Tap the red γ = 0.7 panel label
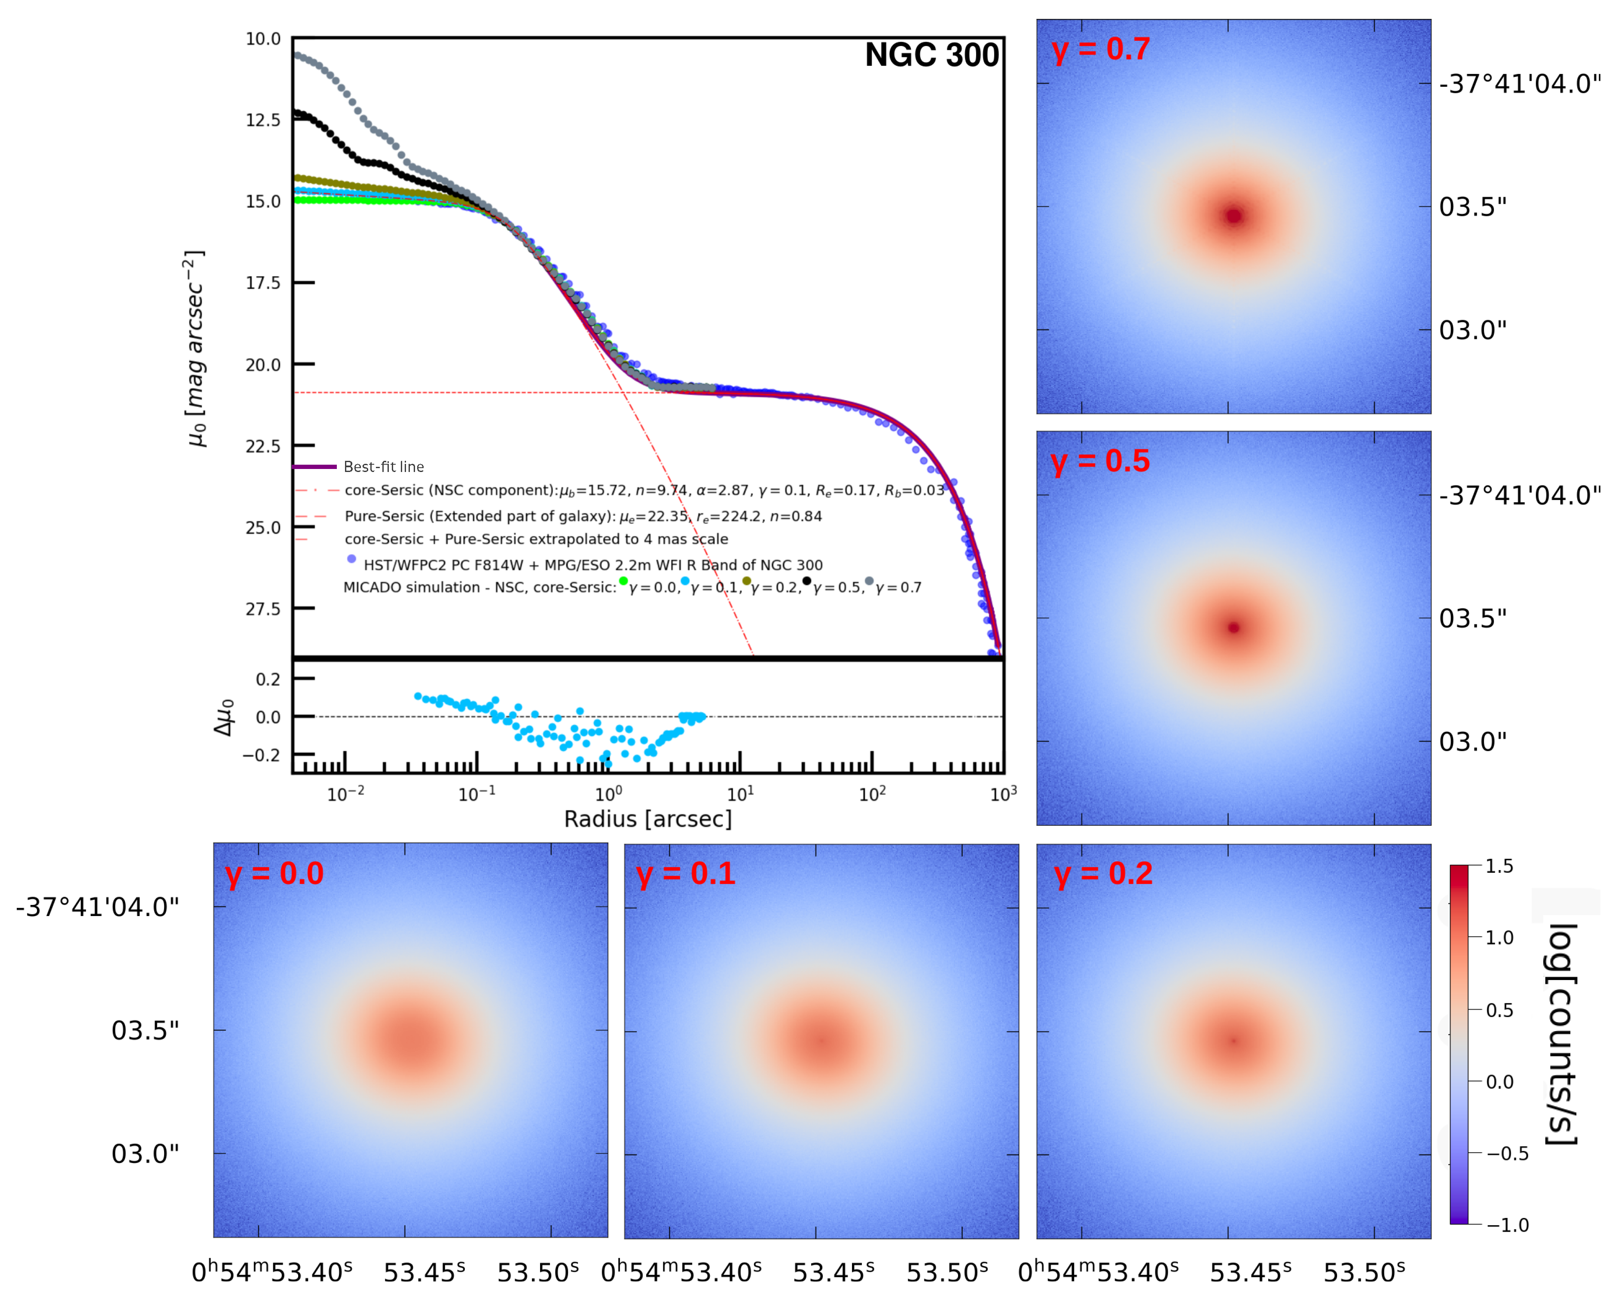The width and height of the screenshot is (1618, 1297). [x=1100, y=49]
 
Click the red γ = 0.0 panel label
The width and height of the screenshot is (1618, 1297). [x=274, y=874]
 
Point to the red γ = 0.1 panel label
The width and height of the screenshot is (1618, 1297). [x=685, y=874]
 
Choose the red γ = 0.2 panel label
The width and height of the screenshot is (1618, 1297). [x=1102, y=874]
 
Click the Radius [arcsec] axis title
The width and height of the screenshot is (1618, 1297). [x=647, y=819]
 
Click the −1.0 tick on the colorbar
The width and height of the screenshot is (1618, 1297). [x=1507, y=1226]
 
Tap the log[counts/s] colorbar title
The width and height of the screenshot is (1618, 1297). [x=1561, y=1035]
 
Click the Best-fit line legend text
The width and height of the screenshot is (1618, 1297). [x=384, y=466]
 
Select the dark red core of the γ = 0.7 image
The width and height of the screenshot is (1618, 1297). [x=1234, y=216]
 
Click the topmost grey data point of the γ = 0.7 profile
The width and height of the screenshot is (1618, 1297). [x=297, y=55]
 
